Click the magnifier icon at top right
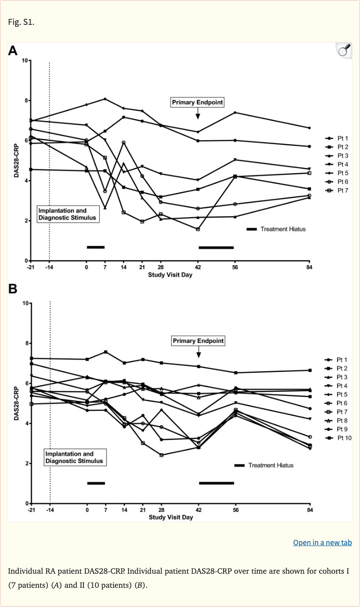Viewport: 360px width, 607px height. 344,50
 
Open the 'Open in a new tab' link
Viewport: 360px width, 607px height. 322,542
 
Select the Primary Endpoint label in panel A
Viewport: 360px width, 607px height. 197,102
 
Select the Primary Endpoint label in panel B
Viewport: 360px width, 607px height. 198,341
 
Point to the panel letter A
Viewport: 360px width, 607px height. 13,50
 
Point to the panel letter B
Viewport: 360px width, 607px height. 13,289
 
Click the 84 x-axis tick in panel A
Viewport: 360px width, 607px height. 309,267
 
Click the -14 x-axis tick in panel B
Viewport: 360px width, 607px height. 50,510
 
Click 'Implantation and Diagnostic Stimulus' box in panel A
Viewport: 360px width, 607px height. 68,214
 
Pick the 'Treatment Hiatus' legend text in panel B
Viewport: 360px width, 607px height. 270,465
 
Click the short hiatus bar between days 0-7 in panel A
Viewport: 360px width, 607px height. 96,247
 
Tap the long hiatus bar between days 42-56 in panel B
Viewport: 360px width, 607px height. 216,483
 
